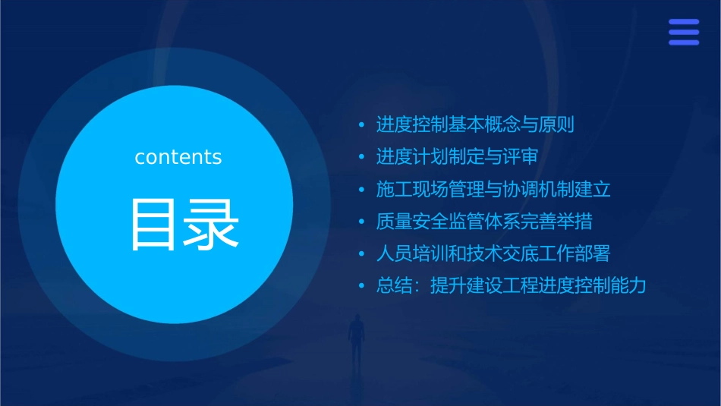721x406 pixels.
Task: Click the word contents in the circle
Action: pyautogui.click(x=178, y=157)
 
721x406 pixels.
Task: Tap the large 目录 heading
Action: pyautogui.click(x=185, y=224)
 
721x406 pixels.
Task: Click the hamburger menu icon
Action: pyautogui.click(x=684, y=33)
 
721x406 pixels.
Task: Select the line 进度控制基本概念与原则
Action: pyautogui.click(x=475, y=124)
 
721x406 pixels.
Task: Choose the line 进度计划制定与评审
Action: pyautogui.click(x=457, y=157)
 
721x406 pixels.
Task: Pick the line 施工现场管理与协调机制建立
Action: pyautogui.click(x=493, y=189)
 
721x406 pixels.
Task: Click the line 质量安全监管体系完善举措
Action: pyautogui.click(x=484, y=222)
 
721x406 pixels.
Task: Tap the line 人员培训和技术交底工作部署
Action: pyautogui.click(x=493, y=253)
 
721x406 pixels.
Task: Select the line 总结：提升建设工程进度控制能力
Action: pyautogui.click(x=511, y=286)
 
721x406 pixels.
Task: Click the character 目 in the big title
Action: pyautogui.click(x=155, y=224)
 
